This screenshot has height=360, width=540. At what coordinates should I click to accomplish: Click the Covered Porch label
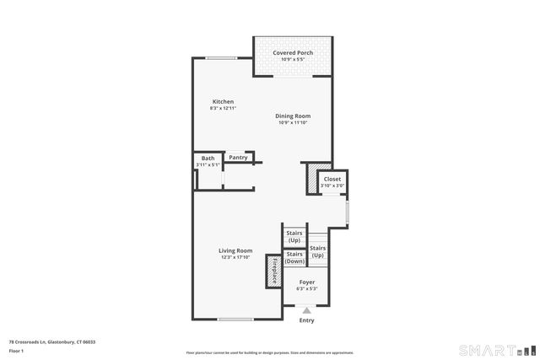(293, 53)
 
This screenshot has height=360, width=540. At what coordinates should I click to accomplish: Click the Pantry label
(238, 157)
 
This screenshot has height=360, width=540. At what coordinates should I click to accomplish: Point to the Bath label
(208, 158)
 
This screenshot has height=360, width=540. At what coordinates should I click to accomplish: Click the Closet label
(332, 179)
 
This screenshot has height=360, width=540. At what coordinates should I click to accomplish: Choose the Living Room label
(236, 250)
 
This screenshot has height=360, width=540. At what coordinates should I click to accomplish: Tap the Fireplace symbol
(274, 270)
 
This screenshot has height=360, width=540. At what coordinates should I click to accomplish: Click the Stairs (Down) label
(294, 258)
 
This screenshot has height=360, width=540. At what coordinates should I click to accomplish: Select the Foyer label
(306, 282)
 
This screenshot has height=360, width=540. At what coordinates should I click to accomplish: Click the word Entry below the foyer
(306, 320)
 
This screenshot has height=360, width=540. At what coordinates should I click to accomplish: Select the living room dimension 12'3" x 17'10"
(236, 257)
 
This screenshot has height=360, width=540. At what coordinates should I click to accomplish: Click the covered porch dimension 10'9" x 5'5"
(293, 60)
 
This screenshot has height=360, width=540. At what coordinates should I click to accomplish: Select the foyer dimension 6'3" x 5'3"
(306, 288)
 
